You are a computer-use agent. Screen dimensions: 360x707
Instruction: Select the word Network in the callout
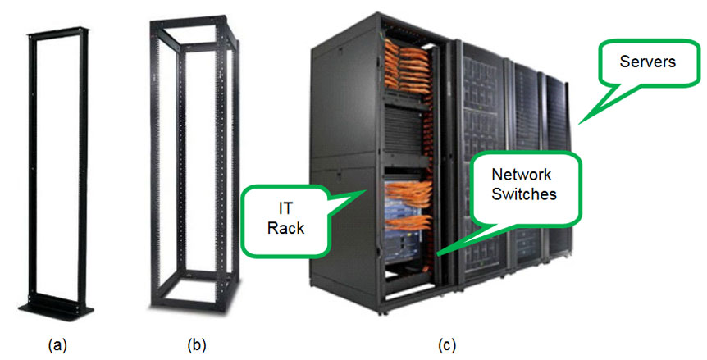pyautogui.click(x=521, y=175)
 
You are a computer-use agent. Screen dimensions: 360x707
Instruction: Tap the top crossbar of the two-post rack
pyautogui.click(x=57, y=35)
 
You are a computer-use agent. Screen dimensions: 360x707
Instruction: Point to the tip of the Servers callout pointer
pyautogui.click(x=580, y=123)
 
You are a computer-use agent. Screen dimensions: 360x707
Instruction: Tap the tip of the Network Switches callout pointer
pyautogui.click(x=437, y=255)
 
